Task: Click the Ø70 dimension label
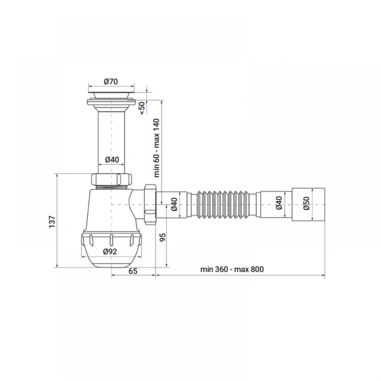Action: [111, 82]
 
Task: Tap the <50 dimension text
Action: [142, 108]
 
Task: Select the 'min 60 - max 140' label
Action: [157, 148]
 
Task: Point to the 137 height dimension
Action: [52, 222]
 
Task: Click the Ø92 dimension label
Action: [110, 251]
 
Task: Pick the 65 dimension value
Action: [133, 271]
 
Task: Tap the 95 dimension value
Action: [163, 237]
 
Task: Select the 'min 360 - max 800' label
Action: [232, 269]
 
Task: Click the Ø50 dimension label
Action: [306, 203]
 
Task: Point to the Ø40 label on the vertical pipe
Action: [112, 160]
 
